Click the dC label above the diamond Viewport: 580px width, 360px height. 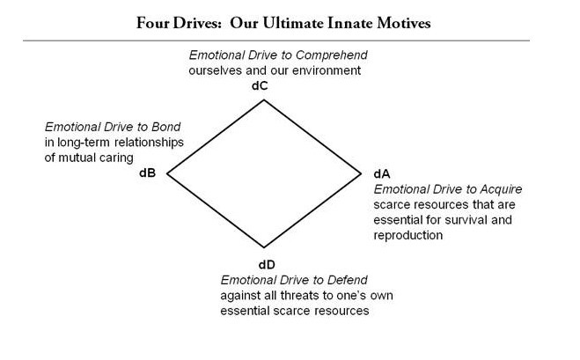(x=263, y=87)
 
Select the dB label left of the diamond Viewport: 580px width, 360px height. (x=148, y=172)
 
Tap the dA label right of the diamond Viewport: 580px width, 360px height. (x=382, y=173)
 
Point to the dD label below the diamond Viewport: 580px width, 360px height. (x=268, y=265)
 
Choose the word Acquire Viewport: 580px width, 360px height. (x=490, y=187)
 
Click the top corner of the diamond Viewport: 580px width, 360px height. (x=264, y=99)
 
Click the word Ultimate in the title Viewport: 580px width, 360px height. (x=279, y=23)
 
